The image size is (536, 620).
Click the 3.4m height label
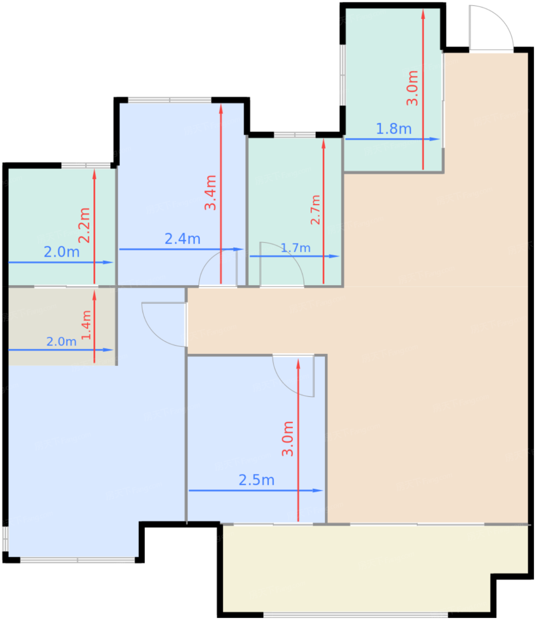pos(211,193)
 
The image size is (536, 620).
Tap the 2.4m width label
pos(182,239)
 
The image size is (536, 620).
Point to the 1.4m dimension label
pos(86,325)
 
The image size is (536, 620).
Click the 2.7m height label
pos(315,209)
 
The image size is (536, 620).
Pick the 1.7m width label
pos(296,248)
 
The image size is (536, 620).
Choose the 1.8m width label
pos(393,129)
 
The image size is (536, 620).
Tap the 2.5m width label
pos(256,480)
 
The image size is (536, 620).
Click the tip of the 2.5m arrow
pos(322,490)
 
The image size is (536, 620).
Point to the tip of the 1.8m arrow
pos(439,139)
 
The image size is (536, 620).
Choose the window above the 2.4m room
pos(170,100)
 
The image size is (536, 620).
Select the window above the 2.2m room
pos(86,166)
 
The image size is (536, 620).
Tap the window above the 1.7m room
pos(295,135)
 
